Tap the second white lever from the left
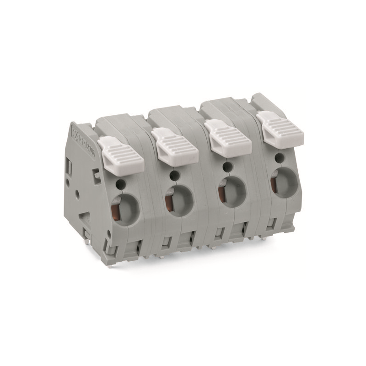[175, 145]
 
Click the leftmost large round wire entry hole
[124, 208]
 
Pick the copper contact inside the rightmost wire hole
[273, 183]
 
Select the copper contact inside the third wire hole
[221, 192]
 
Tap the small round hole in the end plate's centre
[77, 194]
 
